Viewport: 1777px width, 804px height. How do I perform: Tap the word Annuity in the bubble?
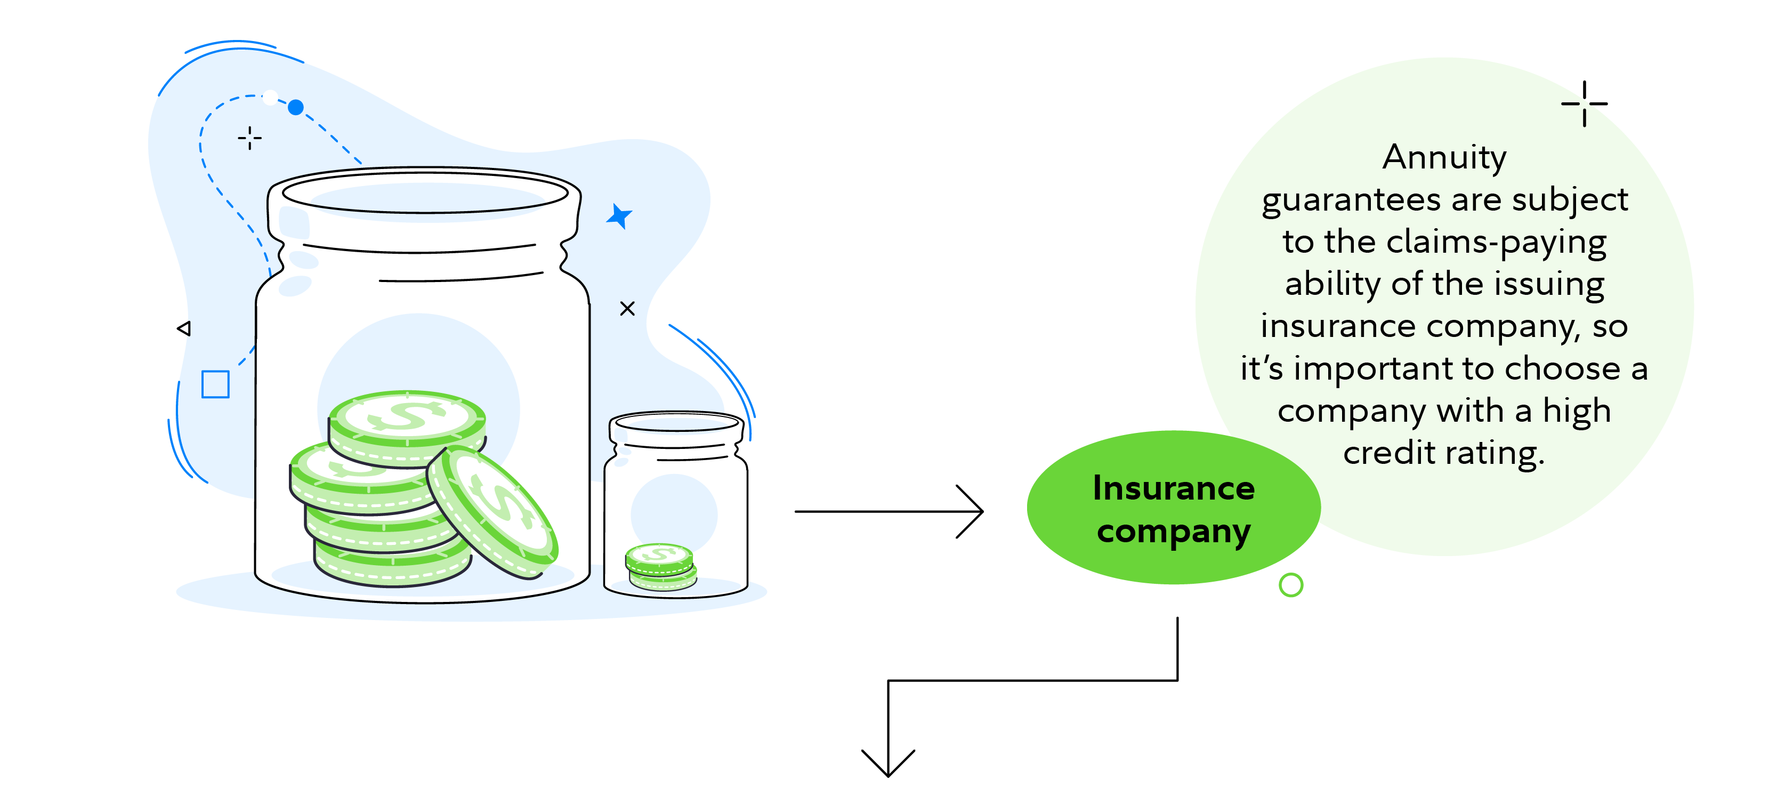pyautogui.click(x=1444, y=158)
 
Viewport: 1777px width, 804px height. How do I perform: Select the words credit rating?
pyautogui.click(x=1444, y=453)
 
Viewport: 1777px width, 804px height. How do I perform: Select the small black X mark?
pyautogui.click(x=627, y=309)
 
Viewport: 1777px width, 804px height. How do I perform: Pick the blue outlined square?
pyautogui.click(x=215, y=384)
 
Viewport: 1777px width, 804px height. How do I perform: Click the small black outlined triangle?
pyautogui.click(x=184, y=328)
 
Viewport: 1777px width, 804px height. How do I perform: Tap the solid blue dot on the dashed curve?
pyautogui.click(x=295, y=108)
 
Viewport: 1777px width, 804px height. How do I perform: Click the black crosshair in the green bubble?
pyautogui.click(x=1585, y=103)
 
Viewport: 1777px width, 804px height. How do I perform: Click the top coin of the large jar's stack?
pyautogui.click(x=407, y=417)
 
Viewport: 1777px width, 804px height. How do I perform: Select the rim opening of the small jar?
pyautogui.click(x=676, y=422)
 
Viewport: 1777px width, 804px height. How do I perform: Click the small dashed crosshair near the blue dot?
pyautogui.click(x=250, y=138)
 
